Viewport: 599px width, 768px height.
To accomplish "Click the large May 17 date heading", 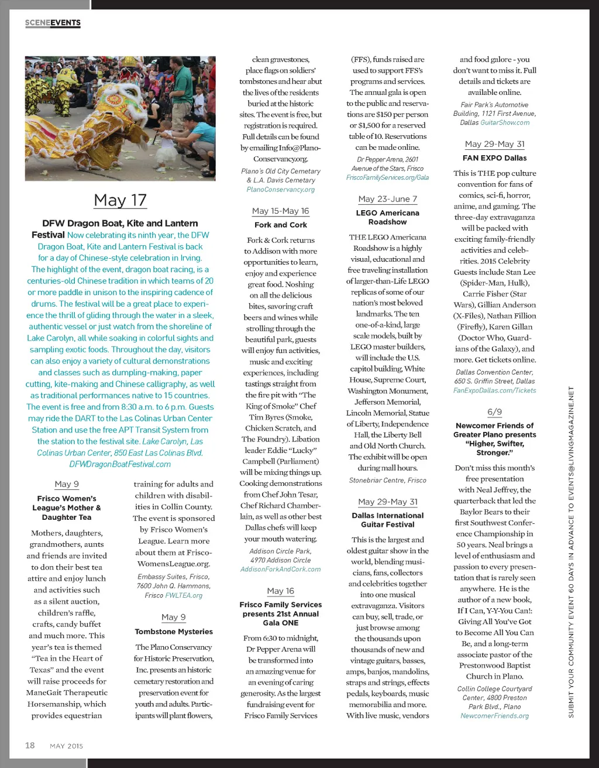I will pos(120,200).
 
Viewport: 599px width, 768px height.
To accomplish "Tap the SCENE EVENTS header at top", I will pos(53,23).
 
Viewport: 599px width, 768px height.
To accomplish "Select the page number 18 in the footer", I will pos(30,745).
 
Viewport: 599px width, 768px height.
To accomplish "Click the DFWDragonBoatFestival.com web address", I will pos(120,464).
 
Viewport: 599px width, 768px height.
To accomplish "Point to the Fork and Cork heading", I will pos(281,225).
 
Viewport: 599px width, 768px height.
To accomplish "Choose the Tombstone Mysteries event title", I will pos(174,632).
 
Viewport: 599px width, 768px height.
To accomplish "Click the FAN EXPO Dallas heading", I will pos(494,158).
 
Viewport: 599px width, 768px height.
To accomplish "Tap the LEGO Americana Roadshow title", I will pos(387,217).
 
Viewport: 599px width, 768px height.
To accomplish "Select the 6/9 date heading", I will pos(494,412).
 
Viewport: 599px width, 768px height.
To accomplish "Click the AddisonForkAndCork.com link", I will pos(281,569).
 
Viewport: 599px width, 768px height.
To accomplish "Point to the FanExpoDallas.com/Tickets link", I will pos(494,390).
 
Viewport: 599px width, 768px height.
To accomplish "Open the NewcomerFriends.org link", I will pos(494,715).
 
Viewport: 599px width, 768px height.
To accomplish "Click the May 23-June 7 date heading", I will pos(387,199).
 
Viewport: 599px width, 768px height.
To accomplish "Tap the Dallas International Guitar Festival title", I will pos(387,520).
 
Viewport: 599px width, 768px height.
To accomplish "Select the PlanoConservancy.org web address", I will pos(281,189).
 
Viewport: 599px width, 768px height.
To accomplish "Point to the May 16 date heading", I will pos(281,591).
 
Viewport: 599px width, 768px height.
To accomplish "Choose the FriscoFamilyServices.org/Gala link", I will pos(387,177).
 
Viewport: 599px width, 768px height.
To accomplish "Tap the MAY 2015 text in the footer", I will pos(67,746).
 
